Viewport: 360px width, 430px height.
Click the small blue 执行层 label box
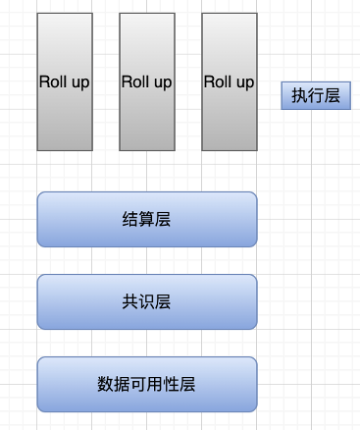tap(316, 95)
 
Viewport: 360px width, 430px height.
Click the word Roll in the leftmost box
tap(53, 81)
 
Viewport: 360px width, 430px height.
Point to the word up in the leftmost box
tap(78, 82)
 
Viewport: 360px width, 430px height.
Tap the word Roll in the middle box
tap(135, 81)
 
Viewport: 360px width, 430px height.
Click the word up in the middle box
tap(161, 82)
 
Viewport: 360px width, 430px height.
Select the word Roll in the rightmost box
tap(218, 81)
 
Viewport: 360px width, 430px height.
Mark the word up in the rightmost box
tap(243, 82)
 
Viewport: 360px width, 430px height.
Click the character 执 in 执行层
tap(299, 95)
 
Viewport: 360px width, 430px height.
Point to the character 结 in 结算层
tap(131, 219)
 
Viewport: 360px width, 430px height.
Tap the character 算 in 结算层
tap(147, 219)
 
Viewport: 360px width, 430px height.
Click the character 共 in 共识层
tap(131, 301)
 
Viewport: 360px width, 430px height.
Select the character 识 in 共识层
tap(147, 301)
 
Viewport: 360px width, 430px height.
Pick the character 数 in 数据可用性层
tap(107, 384)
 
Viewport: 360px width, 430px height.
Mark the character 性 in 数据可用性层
tap(171, 384)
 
